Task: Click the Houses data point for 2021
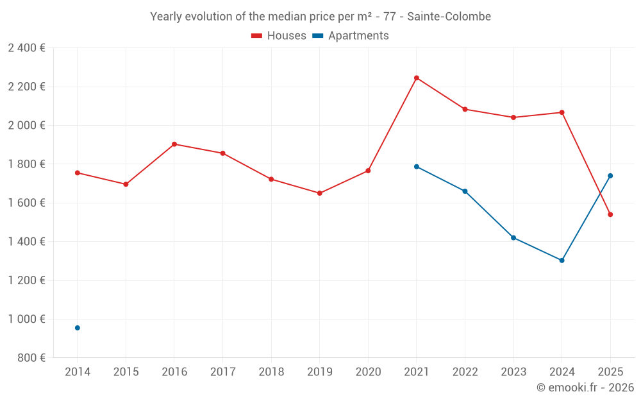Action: (x=417, y=78)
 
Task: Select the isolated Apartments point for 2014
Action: (x=78, y=328)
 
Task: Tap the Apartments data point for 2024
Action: (x=562, y=260)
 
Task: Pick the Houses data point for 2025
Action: (x=610, y=214)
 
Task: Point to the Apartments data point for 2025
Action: (x=610, y=176)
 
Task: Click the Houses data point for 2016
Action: (x=174, y=144)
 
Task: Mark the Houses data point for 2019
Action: (x=320, y=193)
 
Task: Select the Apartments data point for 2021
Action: (x=417, y=167)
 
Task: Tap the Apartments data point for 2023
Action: (x=513, y=238)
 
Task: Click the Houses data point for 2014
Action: (x=78, y=173)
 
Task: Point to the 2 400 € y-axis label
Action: (x=26, y=48)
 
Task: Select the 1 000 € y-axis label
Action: (x=26, y=320)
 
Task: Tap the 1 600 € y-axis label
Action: (x=26, y=203)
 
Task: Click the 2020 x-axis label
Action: (x=368, y=371)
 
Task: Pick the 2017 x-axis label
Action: (x=222, y=371)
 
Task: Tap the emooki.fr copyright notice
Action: (x=585, y=388)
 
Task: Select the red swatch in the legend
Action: (x=256, y=36)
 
